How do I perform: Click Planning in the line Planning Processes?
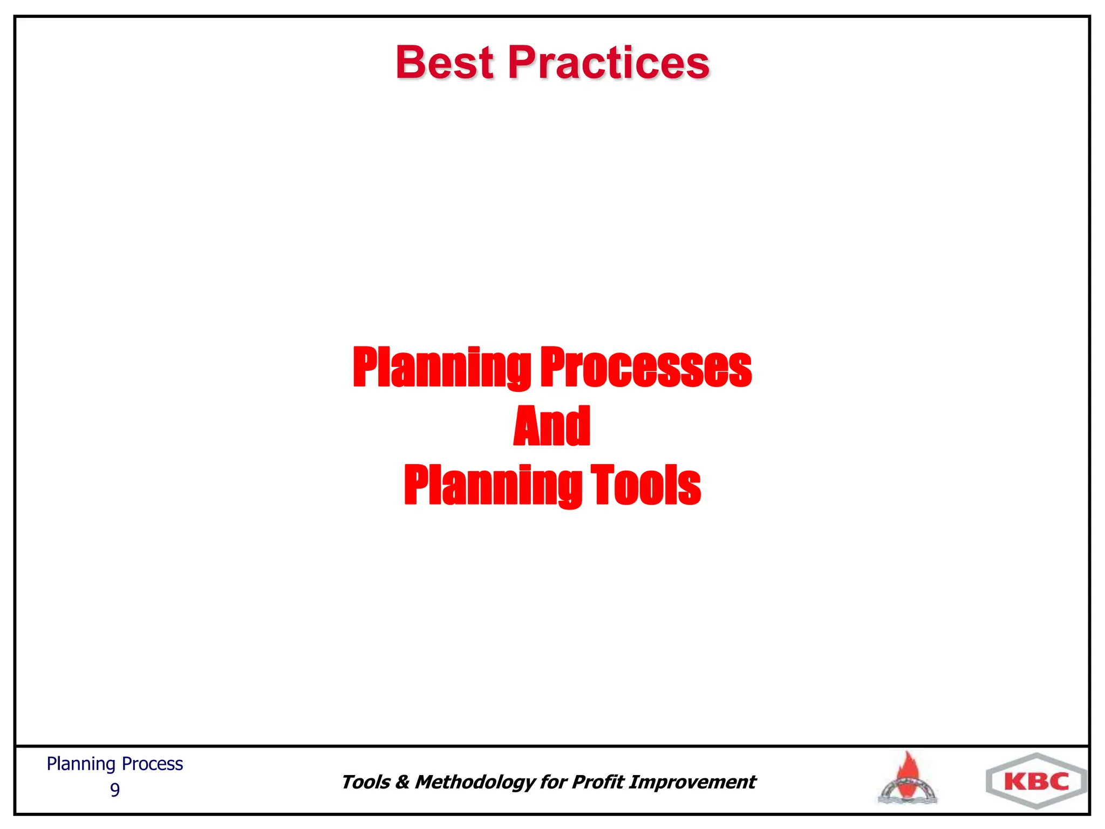click(x=442, y=368)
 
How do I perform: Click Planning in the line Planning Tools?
click(x=493, y=486)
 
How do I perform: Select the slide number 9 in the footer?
click(x=115, y=790)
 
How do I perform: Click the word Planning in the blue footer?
click(x=81, y=764)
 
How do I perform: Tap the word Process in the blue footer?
click(x=153, y=764)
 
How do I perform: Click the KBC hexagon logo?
click(x=1036, y=781)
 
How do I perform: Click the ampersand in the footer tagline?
click(x=402, y=782)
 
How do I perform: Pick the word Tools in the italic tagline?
click(x=365, y=782)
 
